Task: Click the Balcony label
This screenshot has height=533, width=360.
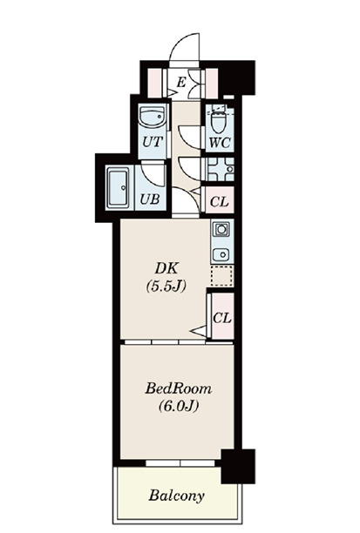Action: tap(176, 496)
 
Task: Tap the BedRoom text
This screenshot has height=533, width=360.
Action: tap(179, 388)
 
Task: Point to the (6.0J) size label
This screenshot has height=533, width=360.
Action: tap(179, 406)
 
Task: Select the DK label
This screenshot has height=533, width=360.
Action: tap(166, 268)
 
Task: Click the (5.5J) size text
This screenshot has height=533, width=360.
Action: tap(166, 287)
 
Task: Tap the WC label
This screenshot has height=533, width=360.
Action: tap(220, 143)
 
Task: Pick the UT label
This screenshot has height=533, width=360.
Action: tap(153, 142)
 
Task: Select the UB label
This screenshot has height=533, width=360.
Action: tap(150, 199)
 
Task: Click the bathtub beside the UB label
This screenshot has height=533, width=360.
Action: tap(119, 187)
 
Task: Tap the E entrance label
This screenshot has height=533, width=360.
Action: tap(181, 82)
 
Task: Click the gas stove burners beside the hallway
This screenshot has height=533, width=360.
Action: tap(221, 169)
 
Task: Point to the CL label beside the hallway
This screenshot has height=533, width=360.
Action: tap(220, 202)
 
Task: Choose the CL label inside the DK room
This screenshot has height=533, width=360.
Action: tap(222, 319)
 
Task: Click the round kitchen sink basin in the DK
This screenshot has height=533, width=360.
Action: tap(222, 254)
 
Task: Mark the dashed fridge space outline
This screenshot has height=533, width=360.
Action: tap(222, 276)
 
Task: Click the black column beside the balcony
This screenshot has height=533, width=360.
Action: tap(238, 466)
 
